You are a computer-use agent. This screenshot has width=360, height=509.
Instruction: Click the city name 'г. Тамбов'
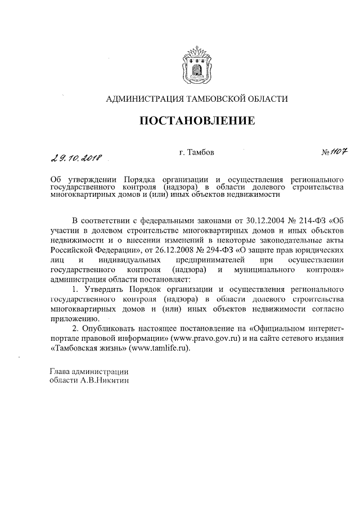pyautogui.click(x=196, y=152)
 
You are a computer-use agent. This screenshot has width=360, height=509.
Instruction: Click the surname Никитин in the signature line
pyautogui.click(x=109, y=381)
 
